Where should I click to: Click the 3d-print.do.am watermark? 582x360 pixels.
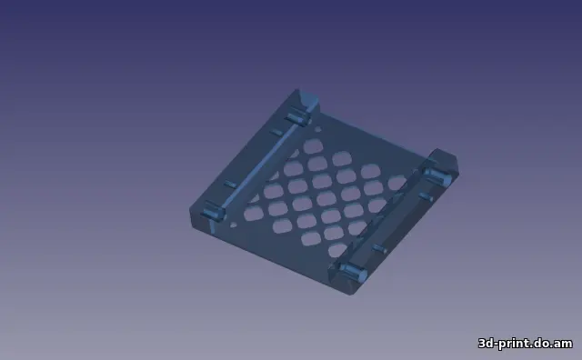(526, 343)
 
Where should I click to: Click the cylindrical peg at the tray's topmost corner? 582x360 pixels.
(296, 116)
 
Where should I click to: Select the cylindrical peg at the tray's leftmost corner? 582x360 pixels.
(212, 213)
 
